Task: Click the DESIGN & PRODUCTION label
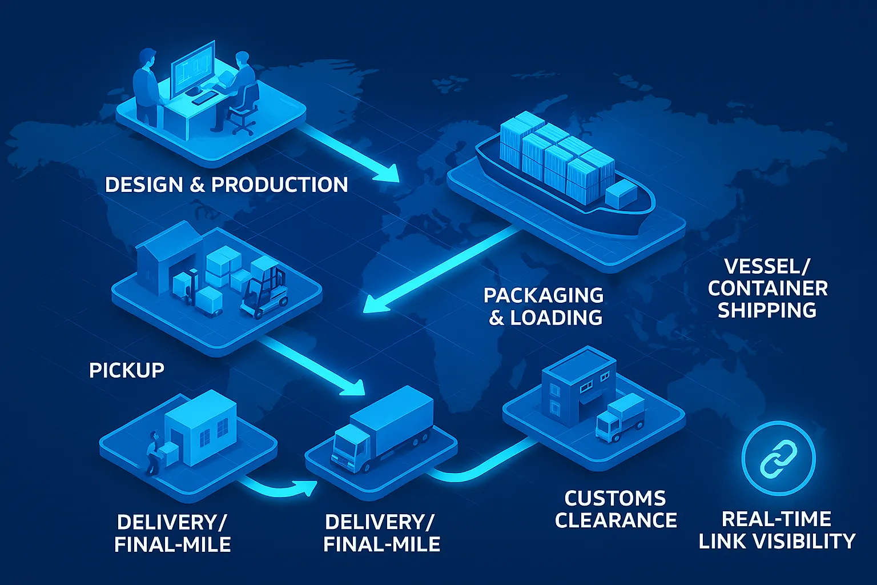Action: (227, 185)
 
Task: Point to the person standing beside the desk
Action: (146, 86)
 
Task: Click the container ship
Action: (565, 171)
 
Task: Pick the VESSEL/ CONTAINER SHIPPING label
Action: (767, 289)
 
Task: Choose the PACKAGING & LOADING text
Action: (544, 306)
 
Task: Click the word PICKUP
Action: (127, 370)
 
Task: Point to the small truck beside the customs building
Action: (619, 418)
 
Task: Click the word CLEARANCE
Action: (616, 520)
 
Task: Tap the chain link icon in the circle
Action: (778, 458)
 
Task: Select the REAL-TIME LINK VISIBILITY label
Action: (777, 530)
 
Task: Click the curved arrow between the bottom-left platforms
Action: (280, 488)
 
